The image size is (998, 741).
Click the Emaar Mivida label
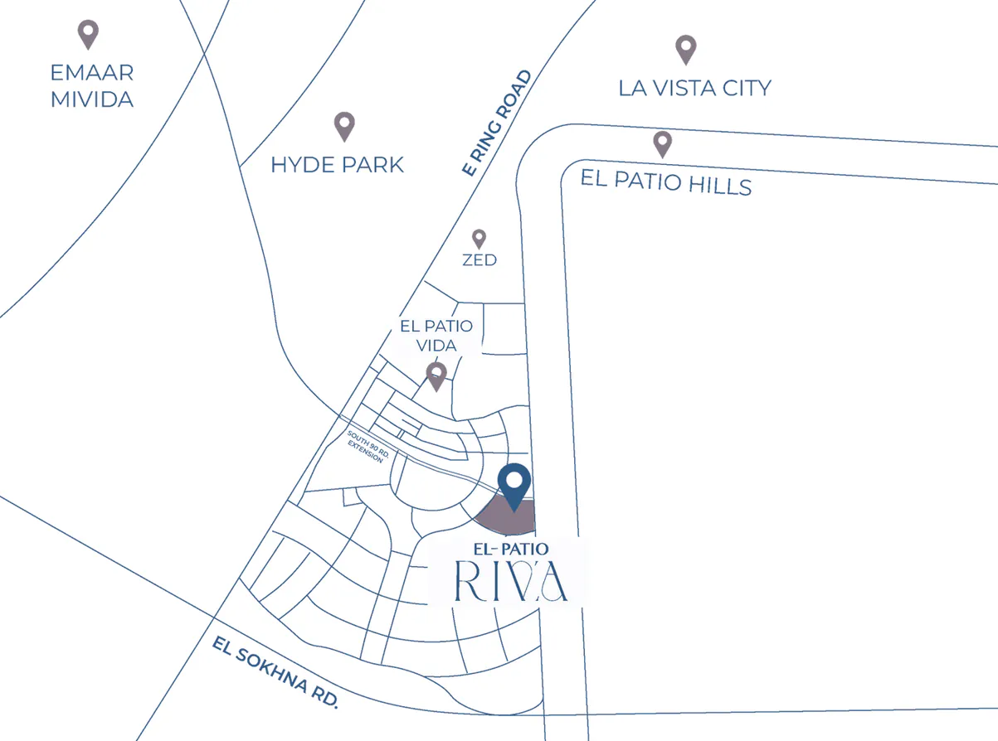tap(91, 86)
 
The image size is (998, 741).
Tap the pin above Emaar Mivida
tap(88, 34)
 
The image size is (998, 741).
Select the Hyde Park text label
tap(337, 165)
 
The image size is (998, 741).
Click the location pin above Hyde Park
tap(344, 126)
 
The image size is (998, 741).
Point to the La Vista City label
tap(695, 88)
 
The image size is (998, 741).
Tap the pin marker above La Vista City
tap(685, 49)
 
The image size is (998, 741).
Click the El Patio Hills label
tap(665, 182)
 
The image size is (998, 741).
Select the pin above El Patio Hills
tap(662, 143)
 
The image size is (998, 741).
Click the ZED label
tap(480, 260)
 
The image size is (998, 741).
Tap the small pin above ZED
tap(479, 240)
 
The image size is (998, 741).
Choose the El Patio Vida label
tap(436, 335)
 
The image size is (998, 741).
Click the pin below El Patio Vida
tap(436, 375)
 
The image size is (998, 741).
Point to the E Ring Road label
tap(497, 123)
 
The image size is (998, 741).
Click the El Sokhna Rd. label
tap(275, 671)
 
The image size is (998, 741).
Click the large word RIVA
tap(511, 581)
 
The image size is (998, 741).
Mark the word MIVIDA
tap(91, 99)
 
